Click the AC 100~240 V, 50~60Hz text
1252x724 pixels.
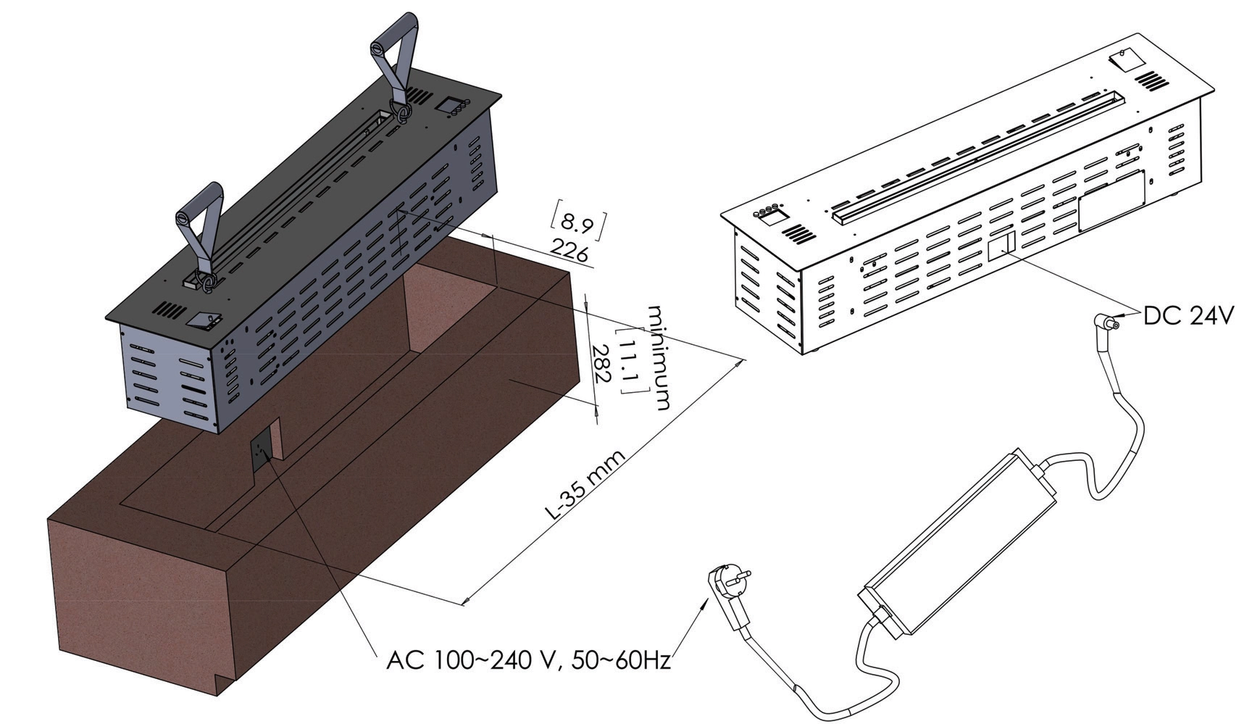point(528,660)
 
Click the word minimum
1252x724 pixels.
point(660,357)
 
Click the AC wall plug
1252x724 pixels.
point(727,588)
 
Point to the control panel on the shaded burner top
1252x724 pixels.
point(453,106)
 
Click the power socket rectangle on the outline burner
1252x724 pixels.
point(1001,245)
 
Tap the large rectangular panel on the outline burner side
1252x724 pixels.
point(1111,201)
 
